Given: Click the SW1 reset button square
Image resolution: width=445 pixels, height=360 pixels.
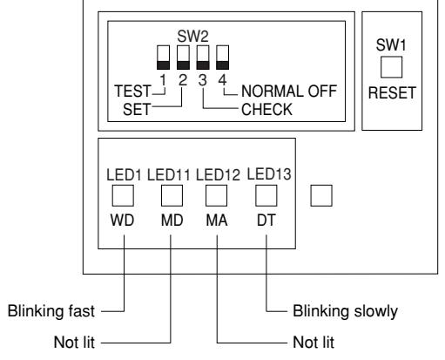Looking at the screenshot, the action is [391, 67].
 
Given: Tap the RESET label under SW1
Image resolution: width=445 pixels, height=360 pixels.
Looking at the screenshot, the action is [392, 93].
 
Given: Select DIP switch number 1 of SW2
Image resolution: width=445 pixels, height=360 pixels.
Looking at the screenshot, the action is [163, 58].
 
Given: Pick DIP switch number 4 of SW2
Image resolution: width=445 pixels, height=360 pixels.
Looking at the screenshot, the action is [222, 58].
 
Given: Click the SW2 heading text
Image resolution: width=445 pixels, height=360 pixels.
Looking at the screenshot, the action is [192, 37].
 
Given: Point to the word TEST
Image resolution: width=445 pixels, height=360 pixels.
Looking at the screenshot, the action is [132, 91].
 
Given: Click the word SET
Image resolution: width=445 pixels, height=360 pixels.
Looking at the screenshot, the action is [137, 110].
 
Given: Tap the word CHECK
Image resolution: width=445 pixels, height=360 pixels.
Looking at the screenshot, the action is [266, 110].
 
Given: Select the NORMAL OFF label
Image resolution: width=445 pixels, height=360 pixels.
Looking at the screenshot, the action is [289, 91].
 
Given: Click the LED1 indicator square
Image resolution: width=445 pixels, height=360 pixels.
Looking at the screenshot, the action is [123, 195].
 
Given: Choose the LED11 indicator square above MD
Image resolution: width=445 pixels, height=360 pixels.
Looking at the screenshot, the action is [172, 195].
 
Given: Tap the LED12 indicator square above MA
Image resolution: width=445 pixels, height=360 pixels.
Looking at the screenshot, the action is [216, 195].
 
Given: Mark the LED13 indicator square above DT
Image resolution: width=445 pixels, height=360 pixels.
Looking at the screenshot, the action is [266, 195].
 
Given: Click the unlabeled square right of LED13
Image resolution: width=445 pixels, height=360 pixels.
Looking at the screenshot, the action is [321, 195].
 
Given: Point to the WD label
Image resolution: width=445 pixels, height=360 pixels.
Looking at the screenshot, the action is [122, 220].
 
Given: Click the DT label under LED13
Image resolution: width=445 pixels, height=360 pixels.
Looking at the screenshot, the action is [266, 220].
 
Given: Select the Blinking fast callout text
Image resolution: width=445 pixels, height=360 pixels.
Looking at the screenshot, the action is [51, 311].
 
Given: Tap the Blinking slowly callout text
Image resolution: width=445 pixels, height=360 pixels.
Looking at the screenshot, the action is [345, 311].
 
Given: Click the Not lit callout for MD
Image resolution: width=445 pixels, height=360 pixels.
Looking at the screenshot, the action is [74, 342].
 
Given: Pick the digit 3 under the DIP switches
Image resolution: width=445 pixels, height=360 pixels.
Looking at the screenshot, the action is [203, 80].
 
